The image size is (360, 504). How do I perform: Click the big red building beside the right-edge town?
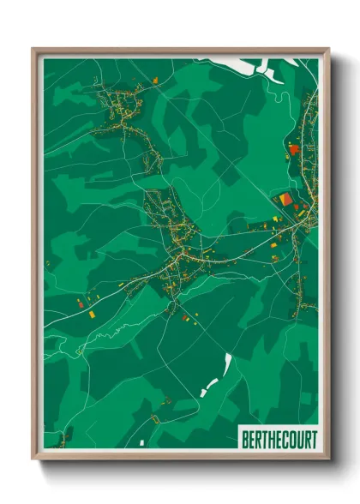[293, 149]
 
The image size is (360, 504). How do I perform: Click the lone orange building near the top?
[156, 80]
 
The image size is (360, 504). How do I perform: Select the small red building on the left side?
[81, 303]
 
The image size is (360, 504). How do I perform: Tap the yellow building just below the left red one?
[89, 315]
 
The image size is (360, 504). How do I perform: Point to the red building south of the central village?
[184, 317]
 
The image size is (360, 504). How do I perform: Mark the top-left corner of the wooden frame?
[33, 49]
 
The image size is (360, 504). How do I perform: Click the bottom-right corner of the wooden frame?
[328, 459]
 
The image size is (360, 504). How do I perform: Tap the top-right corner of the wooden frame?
[328, 49]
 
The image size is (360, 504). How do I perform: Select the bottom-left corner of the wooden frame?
[33, 459]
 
